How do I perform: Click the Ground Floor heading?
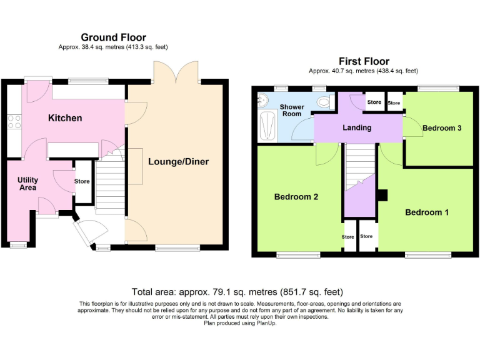[x=113, y=37]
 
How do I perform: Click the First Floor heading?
[x=364, y=61]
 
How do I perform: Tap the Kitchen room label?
[x=65, y=118]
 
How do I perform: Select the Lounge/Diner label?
[x=178, y=162]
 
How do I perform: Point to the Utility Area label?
[x=27, y=183]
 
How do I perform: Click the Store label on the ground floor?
[x=82, y=182]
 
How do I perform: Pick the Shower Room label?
[x=292, y=110]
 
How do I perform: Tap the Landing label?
[x=357, y=128]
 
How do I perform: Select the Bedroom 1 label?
[x=427, y=212]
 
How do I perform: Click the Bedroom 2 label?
[x=296, y=197]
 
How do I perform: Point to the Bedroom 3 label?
[x=442, y=128]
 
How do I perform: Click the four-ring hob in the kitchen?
[x=14, y=122]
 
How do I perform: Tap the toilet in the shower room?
[x=324, y=101]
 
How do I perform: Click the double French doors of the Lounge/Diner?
[x=177, y=74]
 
